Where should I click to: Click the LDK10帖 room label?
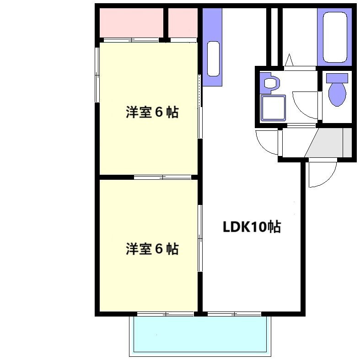point(252,227)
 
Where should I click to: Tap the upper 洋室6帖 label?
point(152,112)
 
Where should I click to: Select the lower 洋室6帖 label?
point(152,249)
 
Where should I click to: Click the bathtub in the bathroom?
point(335,37)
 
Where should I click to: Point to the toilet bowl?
point(337,95)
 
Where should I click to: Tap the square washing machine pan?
point(273,108)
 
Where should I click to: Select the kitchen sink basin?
point(213,59)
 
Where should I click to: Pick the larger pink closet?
point(131,23)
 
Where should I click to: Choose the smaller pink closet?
point(183,23)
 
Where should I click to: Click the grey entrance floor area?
point(328,143)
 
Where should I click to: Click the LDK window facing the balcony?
point(234,314)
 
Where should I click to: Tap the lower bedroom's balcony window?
point(166,314)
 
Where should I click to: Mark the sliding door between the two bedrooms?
point(162,177)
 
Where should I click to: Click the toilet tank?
point(337,78)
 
